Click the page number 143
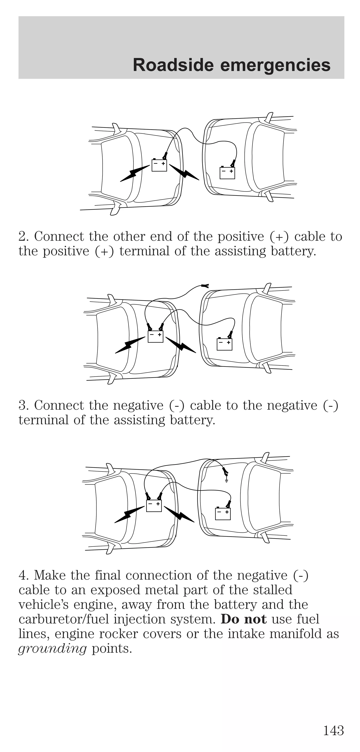[333, 730]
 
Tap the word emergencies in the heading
[275, 65]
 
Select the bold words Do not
[243, 619]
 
